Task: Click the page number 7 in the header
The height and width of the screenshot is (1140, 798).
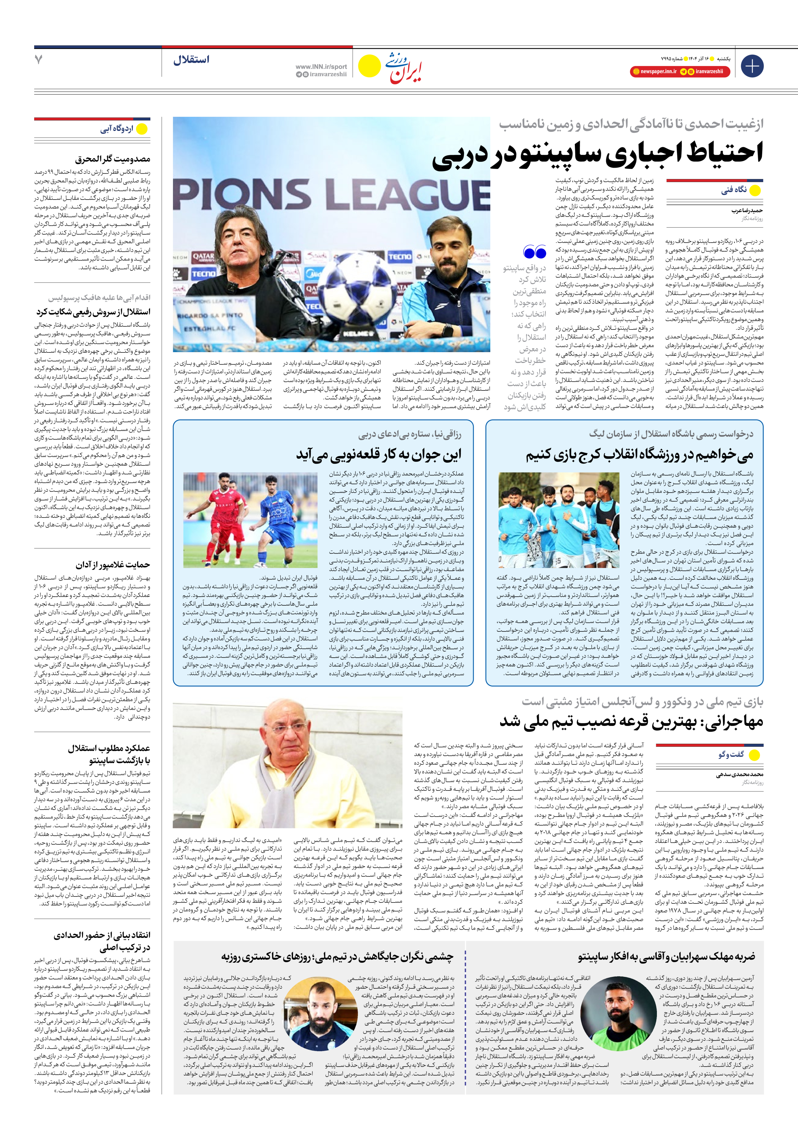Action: (39, 60)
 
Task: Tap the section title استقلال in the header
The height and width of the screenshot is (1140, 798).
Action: (191, 60)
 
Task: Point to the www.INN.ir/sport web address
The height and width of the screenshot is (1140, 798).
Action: (321, 66)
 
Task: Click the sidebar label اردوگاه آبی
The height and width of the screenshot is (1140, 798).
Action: (117, 129)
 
